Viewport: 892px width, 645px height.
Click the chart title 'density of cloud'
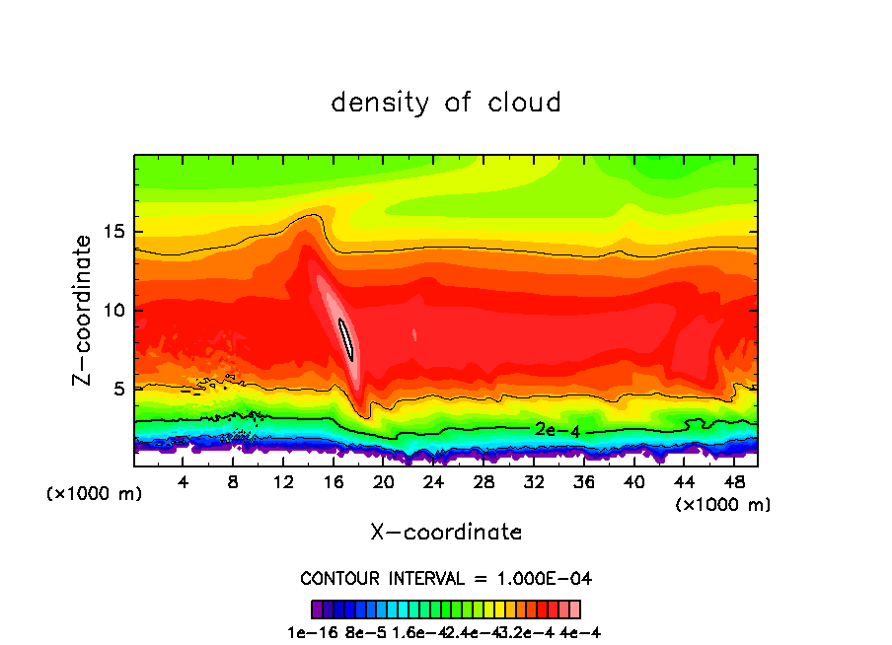click(x=446, y=102)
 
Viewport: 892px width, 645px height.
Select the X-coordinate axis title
click(x=446, y=532)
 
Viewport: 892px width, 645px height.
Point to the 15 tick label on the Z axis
click(x=114, y=232)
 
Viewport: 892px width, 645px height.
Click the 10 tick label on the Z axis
click(x=114, y=311)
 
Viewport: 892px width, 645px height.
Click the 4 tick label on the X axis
click(x=184, y=481)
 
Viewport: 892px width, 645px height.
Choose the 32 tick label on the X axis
click(x=534, y=481)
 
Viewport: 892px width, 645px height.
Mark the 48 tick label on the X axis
click(x=734, y=481)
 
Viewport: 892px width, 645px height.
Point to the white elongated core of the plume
click(x=345, y=338)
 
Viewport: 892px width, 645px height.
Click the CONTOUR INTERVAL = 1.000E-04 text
click(x=446, y=577)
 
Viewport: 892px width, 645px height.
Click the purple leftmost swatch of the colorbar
click(x=317, y=609)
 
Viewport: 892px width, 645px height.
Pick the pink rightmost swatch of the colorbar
click(x=575, y=609)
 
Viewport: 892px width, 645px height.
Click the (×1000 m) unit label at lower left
click(x=95, y=493)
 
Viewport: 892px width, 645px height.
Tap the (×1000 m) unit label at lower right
click(x=723, y=504)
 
